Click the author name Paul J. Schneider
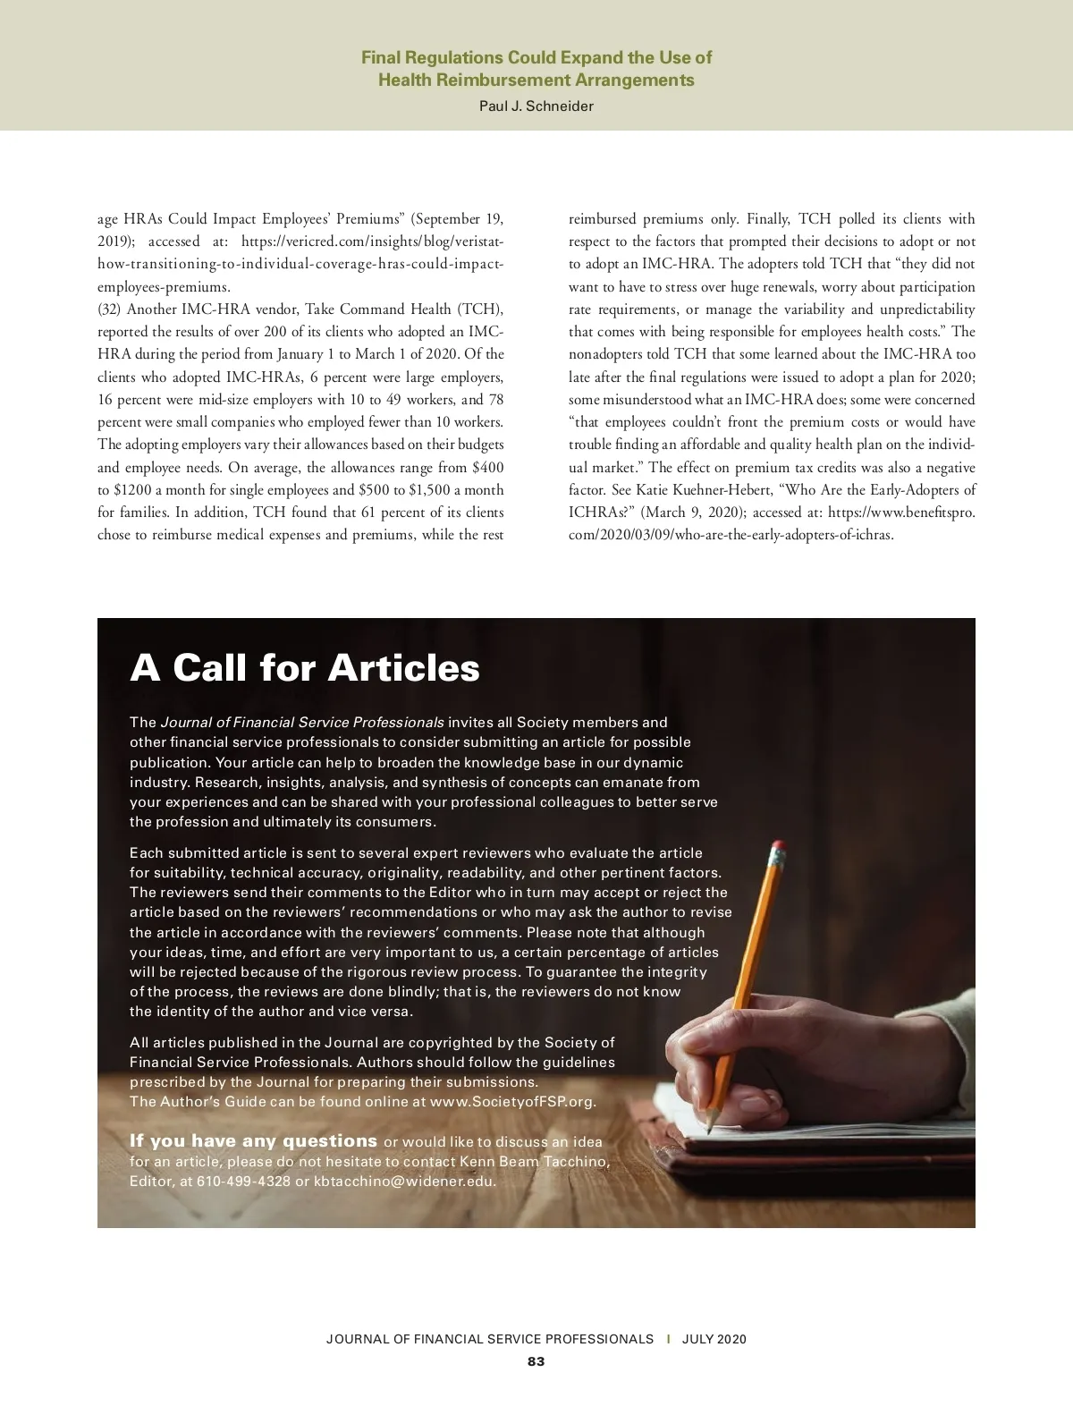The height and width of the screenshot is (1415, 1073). click(x=536, y=106)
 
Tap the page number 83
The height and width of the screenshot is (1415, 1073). click(x=536, y=1361)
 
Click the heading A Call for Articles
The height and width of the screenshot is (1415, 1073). click(x=305, y=668)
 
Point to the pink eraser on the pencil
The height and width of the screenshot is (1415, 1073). click(x=777, y=846)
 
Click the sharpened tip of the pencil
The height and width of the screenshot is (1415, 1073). click(x=708, y=1128)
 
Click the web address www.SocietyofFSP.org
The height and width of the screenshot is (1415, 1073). click(x=512, y=1101)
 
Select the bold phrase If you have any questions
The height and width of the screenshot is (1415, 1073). click(x=253, y=1141)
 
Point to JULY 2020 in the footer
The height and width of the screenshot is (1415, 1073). click(x=714, y=1339)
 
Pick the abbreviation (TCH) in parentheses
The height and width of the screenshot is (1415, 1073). click(x=481, y=309)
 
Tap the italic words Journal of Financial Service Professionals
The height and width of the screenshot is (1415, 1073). click(x=301, y=722)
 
